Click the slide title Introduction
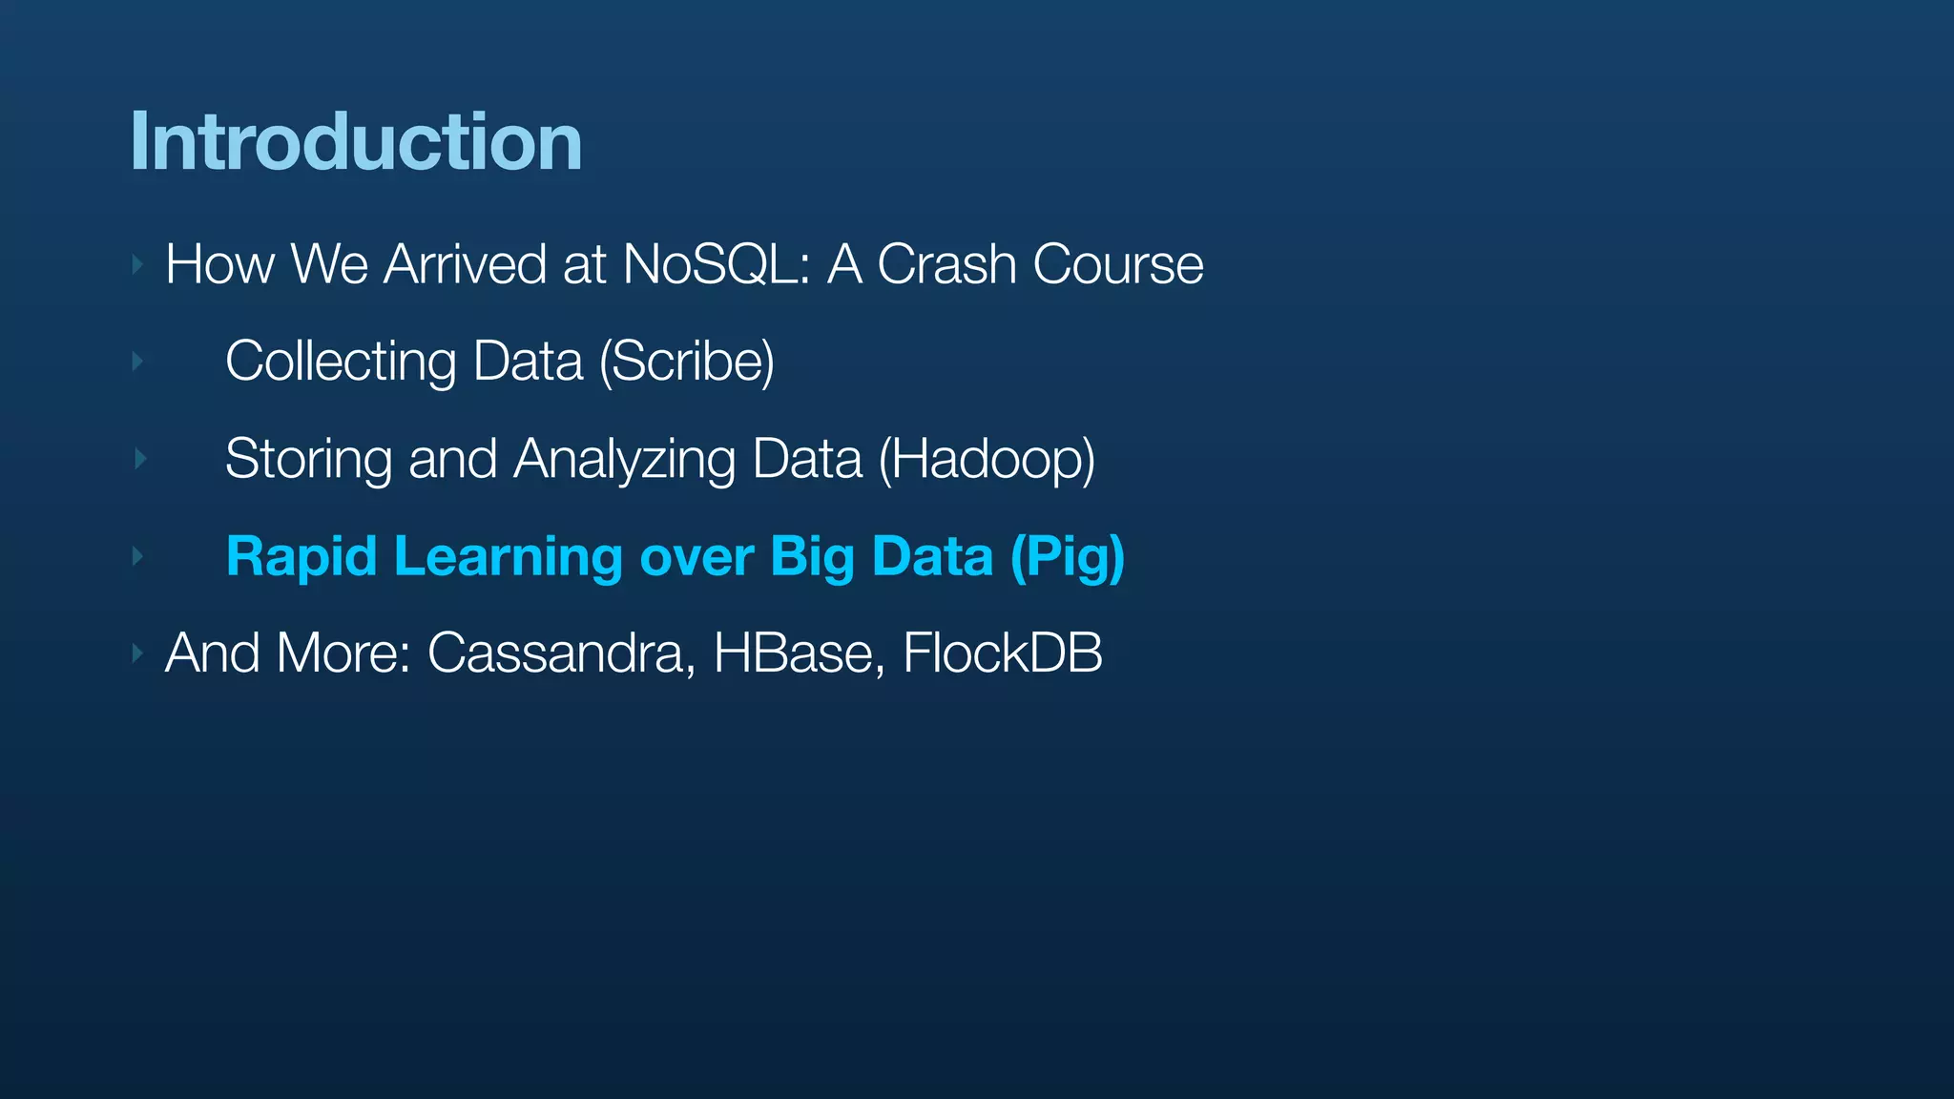(x=355, y=142)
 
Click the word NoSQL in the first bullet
(x=716, y=264)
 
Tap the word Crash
(x=946, y=264)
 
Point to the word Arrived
(x=465, y=264)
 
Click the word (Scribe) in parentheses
(x=687, y=363)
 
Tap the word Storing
(x=308, y=460)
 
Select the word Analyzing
(x=624, y=460)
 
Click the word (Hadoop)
(x=987, y=460)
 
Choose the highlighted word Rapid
(x=301, y=557)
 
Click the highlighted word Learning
(x=508, y=557)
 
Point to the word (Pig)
(x=1068, y=557)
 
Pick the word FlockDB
(x=1002, y=654)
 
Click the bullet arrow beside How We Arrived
(x=138, y=264)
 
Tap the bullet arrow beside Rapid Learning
(x=138, y=556)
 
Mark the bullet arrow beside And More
(x=138, y=653)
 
